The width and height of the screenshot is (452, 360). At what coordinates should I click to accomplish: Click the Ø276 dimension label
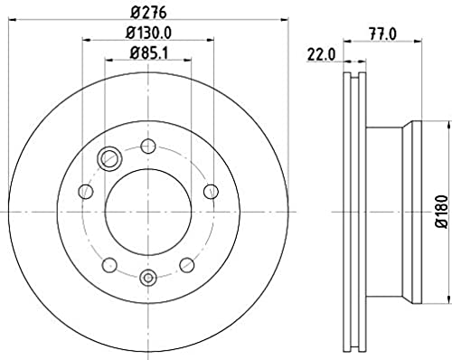point(148,13)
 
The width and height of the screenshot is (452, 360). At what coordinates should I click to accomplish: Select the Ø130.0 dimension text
point(148,33)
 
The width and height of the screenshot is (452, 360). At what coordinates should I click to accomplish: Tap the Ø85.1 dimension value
point(148,53)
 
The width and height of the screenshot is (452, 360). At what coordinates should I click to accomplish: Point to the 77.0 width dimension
point(382,34)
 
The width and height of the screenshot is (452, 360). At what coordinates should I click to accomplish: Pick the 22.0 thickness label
point(321,55)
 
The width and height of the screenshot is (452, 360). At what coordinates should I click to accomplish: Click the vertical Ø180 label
point(443,212)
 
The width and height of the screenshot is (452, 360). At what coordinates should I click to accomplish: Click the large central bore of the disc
point(148,212)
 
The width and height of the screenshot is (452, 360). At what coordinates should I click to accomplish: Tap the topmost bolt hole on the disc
point(148,147)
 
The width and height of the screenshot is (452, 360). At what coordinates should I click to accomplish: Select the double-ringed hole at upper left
point(109,158)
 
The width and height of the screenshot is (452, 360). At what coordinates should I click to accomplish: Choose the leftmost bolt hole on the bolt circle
point(86,191)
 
